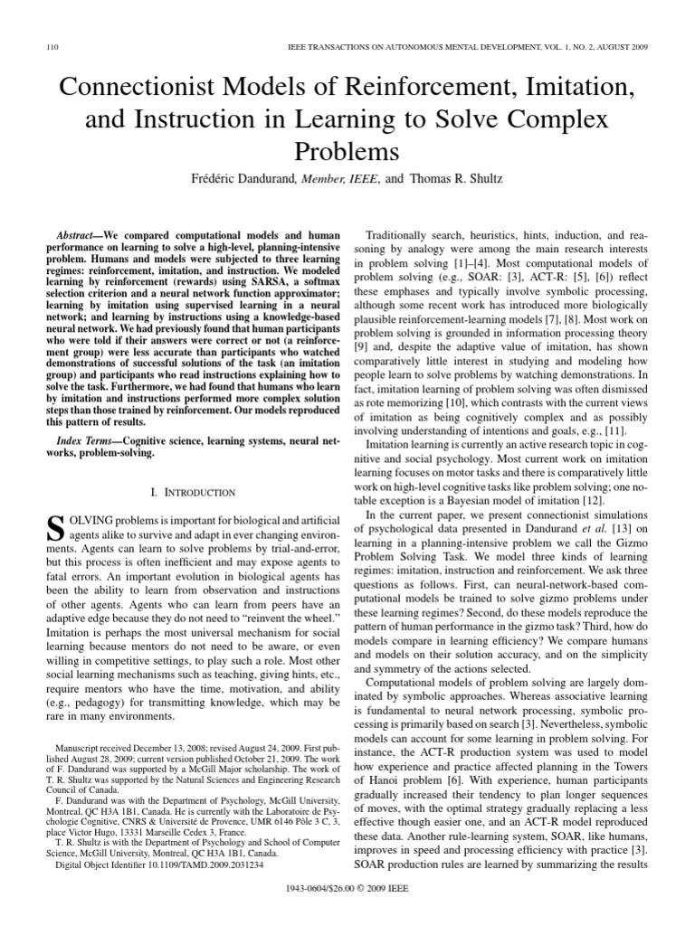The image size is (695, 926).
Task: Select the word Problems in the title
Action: [347, 148]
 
